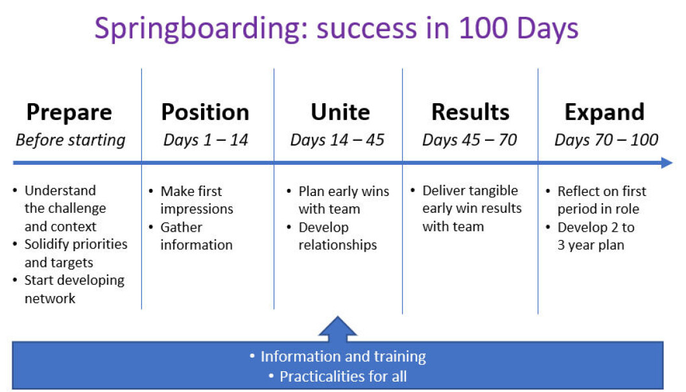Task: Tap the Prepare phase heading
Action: [x=69, y=113]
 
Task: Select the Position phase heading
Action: [x=205, y=112]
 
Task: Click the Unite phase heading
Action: [x=340, y=112]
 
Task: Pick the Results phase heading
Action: [x=470, y=112]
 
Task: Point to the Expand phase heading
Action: [x=604, y=113]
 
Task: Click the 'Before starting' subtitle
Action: [x=71, y=141]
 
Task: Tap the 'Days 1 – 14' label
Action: [x=206, y=140]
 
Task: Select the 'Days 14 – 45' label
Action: [x=337, y=140]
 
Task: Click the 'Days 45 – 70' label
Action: [x=469, y=140]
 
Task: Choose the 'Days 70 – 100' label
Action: [x=606, y=140]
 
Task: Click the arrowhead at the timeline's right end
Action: [x=667, y=163]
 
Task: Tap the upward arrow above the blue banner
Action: [x=337, y=329]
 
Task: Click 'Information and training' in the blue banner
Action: [x=343, y=356]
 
